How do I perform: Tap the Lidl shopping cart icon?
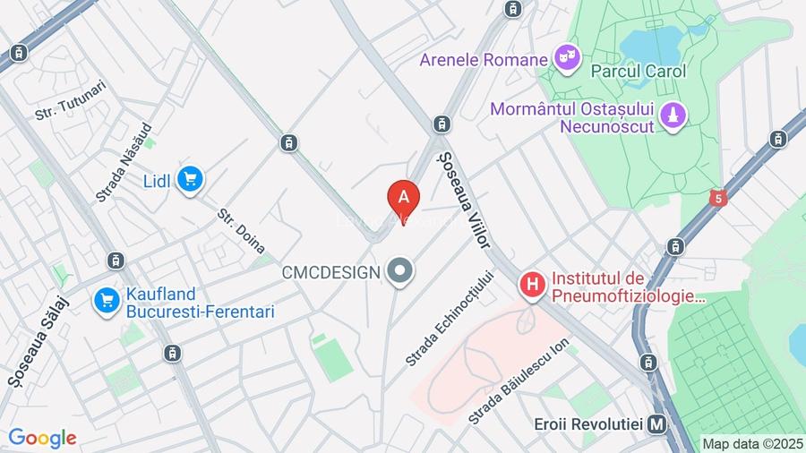point(189,180)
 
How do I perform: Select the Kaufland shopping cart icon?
point(107,301)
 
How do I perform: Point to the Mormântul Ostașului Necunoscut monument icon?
point(674,115)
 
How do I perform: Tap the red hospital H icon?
point(533,286)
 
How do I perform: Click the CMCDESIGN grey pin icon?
point(400,271)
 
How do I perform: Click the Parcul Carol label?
point(639,71)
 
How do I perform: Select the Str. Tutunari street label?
point(71,100)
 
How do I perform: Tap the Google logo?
point(42,439)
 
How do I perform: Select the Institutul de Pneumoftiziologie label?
point(628,287)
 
